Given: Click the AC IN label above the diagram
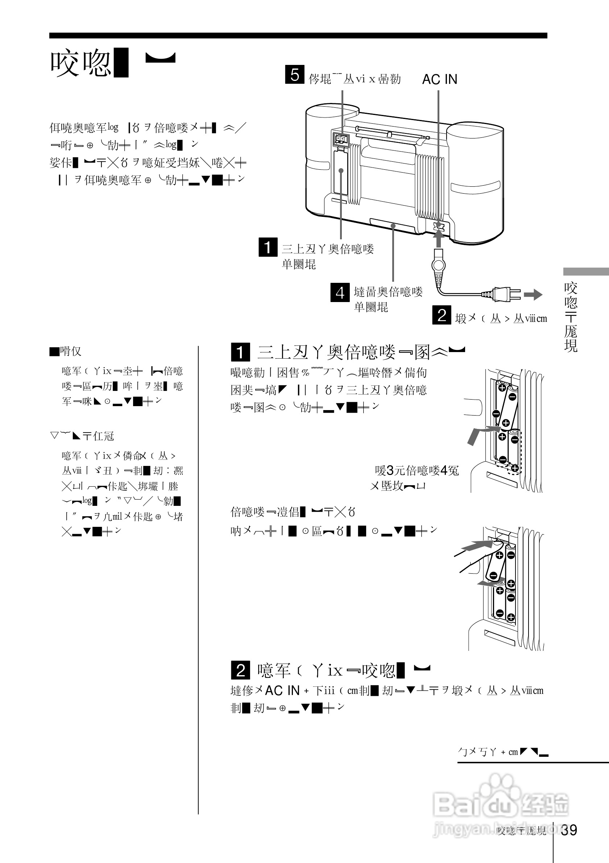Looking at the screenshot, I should tap(440, 79).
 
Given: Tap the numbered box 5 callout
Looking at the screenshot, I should tap(295, 74).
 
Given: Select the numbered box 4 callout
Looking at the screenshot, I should tap(340, 292).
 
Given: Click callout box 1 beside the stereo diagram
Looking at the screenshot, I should tap(268, 247).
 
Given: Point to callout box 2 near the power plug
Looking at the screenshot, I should tap(442, 315).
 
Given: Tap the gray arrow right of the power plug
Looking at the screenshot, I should tap(533, 295).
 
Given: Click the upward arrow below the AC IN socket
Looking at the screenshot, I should tap(438, 239).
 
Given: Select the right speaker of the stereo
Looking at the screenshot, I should tap(475, 181).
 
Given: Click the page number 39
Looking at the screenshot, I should tap(569, 830).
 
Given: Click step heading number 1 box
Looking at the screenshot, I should tap(240, 352).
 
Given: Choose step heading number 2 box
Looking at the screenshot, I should tap(240, 670).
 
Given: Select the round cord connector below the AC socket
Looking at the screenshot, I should tap(438, 265).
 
